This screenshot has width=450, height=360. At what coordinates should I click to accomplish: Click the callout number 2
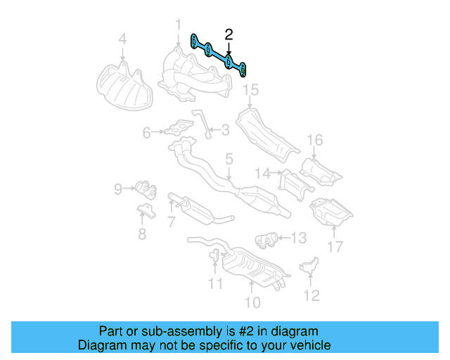tap(229, 34)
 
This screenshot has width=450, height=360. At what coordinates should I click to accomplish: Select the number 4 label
tap(122, 39)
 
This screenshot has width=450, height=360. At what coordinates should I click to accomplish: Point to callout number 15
tap(247, 89)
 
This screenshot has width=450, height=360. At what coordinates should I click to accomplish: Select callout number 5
tap(229, 160)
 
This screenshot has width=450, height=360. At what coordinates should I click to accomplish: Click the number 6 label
tap(146, 131)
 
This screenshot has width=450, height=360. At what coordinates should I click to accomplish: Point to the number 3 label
tap(225, 129)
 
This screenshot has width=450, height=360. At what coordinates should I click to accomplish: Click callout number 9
tap(118, 188)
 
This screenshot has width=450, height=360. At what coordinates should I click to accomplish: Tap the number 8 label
tap(142, 235)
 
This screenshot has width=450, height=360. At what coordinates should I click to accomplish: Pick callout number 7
tap(170, 223)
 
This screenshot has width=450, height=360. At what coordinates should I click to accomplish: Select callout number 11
tap(215, 284)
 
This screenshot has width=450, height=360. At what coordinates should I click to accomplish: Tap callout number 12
tap(310, 295)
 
